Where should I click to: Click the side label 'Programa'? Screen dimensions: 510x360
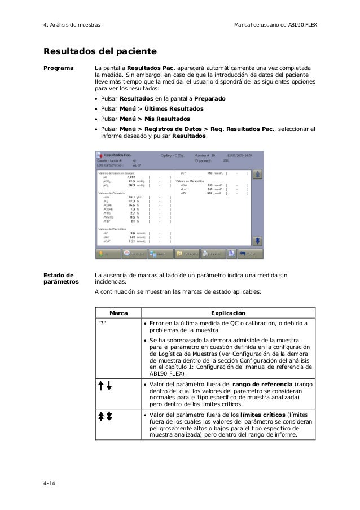pyautogui.click(x=59, y=68)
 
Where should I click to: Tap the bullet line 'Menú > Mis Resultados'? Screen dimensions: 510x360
pyautogui.click(x=145, y=119)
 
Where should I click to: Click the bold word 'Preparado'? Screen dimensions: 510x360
pyautogui.click(x=207, y=99)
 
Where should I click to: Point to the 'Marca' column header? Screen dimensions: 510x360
pyautogui.click(x=117, y=312)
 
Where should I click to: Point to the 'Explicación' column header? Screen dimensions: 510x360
pyautogui.click(x=227, y=312)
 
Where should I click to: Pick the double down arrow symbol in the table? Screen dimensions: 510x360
pyautogui.click(x=109, y=417)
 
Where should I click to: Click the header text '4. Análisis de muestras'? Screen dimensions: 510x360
pyautogui.click(x=72, y=25)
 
